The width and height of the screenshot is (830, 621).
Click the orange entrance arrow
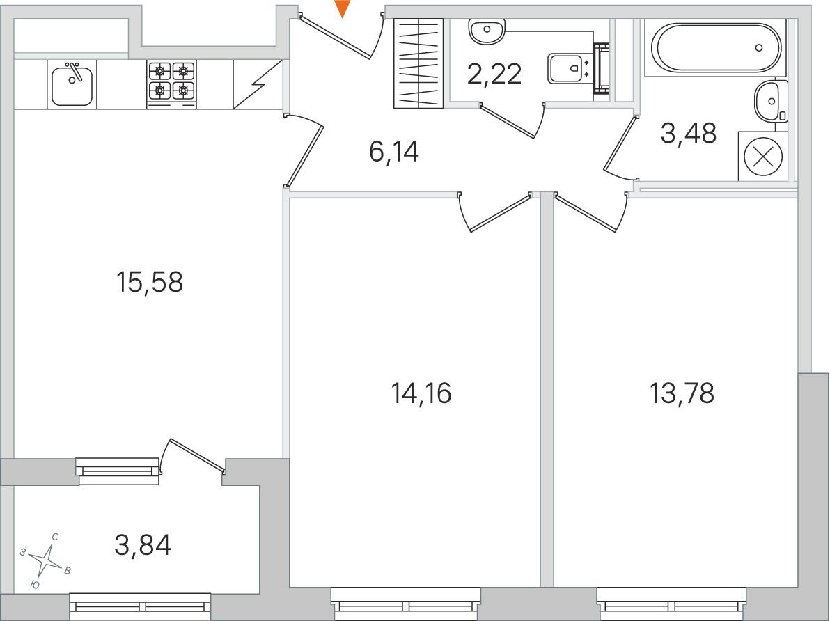coord(343,8)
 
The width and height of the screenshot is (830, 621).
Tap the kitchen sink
coord(72,84)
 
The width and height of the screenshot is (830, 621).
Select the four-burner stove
coord(171,84)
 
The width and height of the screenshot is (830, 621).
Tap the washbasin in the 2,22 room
coord(487,32)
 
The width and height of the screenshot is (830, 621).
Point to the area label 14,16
coord(421,393)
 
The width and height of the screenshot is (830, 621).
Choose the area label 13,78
coord(682,393)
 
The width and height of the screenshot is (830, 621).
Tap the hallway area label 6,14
coord(394,152)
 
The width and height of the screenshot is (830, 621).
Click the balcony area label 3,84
coord(143,545)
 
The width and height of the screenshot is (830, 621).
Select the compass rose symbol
coord(47,560)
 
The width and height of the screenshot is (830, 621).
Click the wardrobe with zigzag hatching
coord(418,63)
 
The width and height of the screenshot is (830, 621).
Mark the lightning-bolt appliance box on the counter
coord(258,84)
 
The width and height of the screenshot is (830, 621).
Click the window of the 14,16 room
coord(405,604)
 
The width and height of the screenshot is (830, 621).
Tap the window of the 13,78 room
coord(672,604)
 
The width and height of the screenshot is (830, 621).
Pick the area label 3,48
coord(689,133)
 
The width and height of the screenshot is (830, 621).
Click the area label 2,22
coord(495,74)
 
